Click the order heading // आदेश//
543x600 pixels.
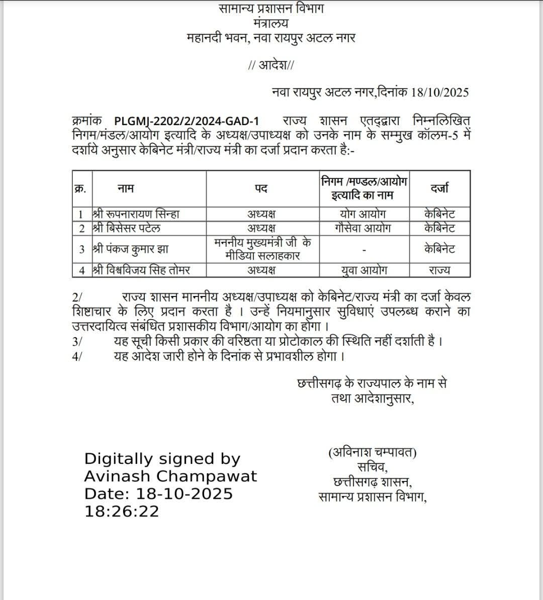point(271,65)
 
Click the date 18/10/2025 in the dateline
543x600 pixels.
point(440,92)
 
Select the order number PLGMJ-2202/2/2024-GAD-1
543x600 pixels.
point(187,121)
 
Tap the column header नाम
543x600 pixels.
point(126,188)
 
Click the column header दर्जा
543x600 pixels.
point(439,188)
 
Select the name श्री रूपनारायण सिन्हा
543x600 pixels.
point(136,214)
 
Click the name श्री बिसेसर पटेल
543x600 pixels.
point(127,228)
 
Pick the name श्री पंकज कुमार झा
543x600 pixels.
point(130,249)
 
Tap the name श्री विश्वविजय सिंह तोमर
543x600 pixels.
point(142,270)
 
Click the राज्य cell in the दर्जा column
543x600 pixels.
point(439,270)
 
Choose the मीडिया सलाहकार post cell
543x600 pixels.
point(262,249)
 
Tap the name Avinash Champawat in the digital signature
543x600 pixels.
point(170,476)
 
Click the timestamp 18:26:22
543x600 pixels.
point(122,511)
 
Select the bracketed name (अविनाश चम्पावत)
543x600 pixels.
point(373,453)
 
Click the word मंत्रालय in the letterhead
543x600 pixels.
point(271,23)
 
